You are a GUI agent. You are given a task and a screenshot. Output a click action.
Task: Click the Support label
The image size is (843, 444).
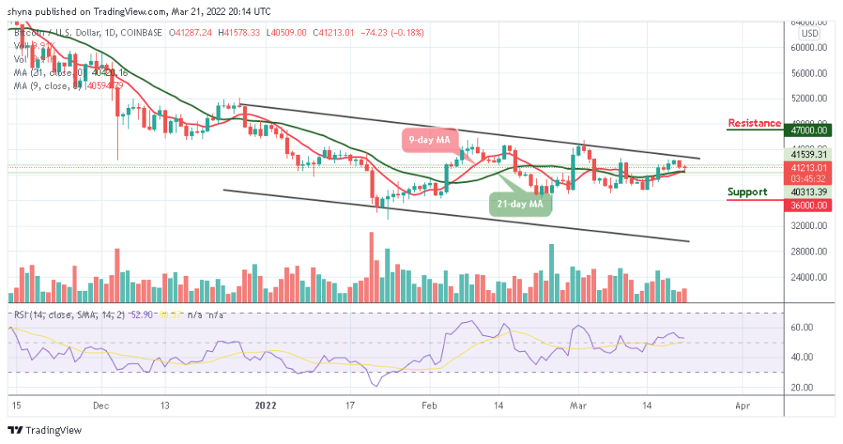coord(748,192)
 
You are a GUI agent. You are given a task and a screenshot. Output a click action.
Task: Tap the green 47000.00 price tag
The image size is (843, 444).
coord(807,130)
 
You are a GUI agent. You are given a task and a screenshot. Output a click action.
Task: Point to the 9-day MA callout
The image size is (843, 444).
coord(430,140)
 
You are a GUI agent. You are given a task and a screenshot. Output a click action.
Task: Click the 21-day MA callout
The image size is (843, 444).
coord(519,203)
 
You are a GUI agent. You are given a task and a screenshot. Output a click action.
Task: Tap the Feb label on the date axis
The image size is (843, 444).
coord(428,406)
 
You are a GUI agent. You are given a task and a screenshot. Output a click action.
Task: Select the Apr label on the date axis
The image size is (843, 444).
coord(742,406)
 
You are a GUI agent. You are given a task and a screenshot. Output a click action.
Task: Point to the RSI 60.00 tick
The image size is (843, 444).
coord(803,327)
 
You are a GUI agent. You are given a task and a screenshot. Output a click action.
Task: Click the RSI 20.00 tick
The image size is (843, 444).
coord(803,387)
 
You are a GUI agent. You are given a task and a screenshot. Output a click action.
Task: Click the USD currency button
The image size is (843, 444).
coord(809,34)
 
